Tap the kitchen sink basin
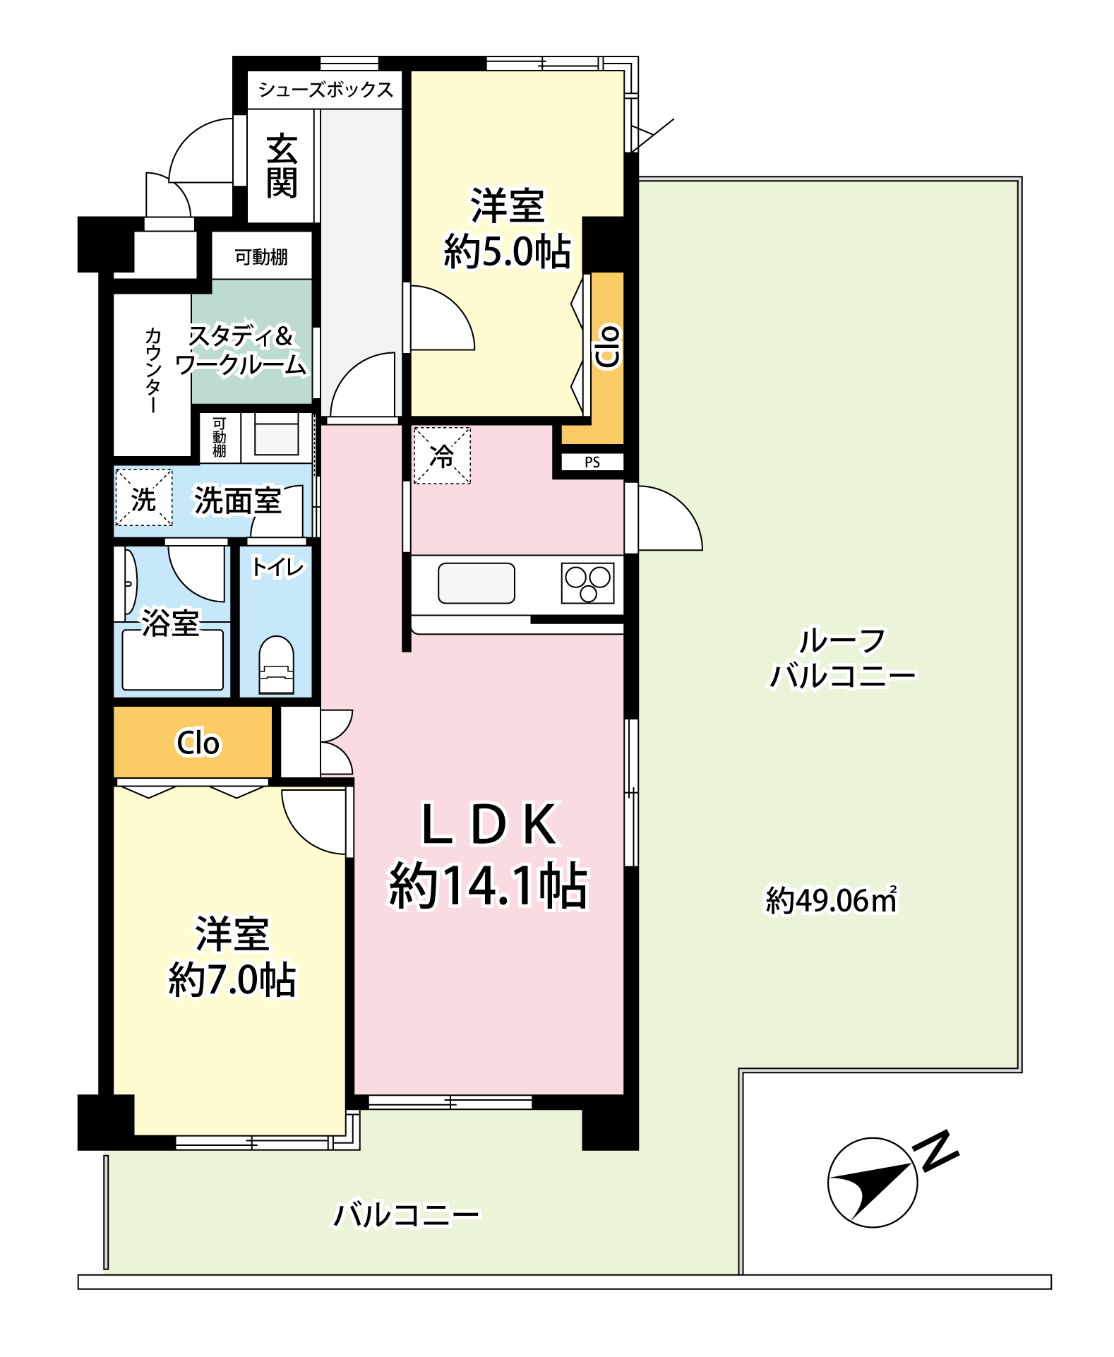point(477,583)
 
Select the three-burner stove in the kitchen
point(588,583)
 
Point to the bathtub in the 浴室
point(173,660)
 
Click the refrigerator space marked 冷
point(442,455)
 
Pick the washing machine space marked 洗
point(143,498)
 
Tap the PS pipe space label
point(592,462)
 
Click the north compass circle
point(873,1183)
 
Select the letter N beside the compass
point(937,1151)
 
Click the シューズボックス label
point(325,90)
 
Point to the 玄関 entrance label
point(282,166)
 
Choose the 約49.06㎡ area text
point(832,900)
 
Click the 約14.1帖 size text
point(489,885)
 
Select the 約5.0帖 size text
point(508,251)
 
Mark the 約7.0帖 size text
point(232,980)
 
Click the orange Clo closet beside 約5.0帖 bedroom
point(608,358)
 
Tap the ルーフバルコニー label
point(842,659)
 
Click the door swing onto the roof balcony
point(670,518)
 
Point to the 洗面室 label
point(238,501)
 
